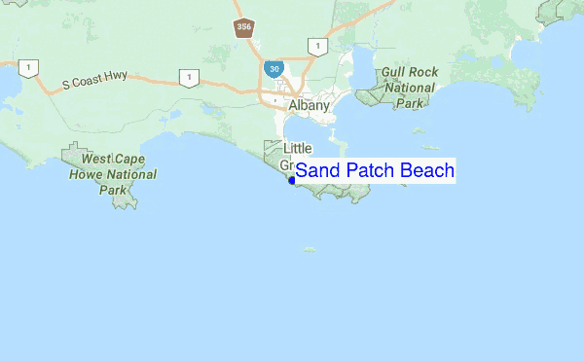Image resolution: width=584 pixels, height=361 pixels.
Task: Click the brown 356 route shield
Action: pyautogui.click(x=243, y=27)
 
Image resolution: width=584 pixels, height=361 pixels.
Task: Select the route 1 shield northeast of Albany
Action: pyautogui.click(x=315, y=46)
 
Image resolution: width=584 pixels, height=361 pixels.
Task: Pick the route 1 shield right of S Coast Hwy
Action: pyautogui.click(x=185, y=77)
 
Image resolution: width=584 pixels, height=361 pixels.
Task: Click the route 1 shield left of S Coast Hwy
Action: pyautogui.click(x=29, y=68)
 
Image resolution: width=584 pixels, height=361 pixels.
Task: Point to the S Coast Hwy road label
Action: pyautogui.click(x=95, y=85)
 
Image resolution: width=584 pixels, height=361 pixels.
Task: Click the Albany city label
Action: pyautogui.click(x=309, y=105)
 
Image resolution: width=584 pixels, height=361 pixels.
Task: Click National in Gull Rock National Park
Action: pyautogui.click(x=409, y=87)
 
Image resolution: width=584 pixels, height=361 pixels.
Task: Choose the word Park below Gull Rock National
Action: pyautogui.click(x=409, y=101)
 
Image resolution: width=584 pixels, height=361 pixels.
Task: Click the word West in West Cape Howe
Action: pyautogui.click(x=98, y=160)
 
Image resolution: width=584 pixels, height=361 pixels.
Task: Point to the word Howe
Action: pyautogui.click(x=87, y=175)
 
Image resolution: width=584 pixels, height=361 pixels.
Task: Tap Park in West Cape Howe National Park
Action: pyautogui.click(x=112, y=191)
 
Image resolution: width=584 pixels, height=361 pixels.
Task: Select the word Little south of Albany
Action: pyautogui.click(x=298, y=149)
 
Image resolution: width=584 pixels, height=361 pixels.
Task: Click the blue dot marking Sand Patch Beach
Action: pyautogui.click(x=291, y=179)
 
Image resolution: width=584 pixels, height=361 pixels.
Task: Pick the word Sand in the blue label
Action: pyautogui.click(x=315, y=171)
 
